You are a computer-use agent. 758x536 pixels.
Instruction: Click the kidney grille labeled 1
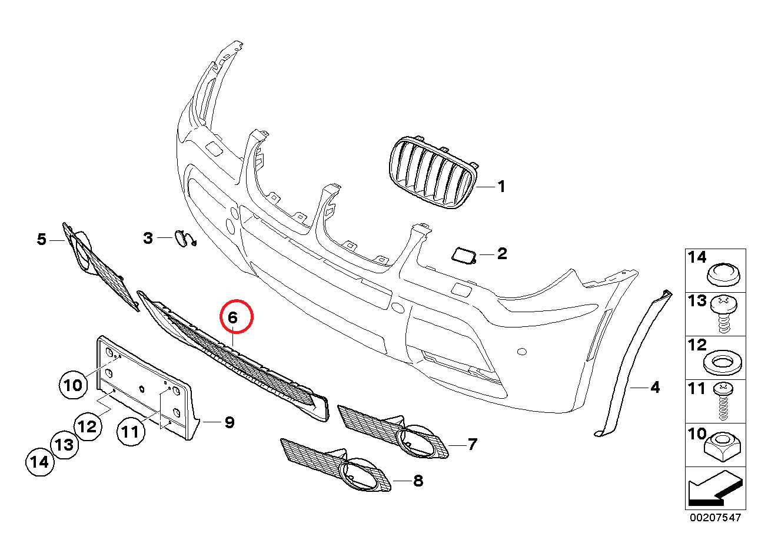point(433,173)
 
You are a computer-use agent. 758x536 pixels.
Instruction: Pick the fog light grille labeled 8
point(338,465)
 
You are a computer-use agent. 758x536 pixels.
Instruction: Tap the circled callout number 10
point(74,386)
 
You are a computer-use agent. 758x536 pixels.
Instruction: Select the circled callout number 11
point(130,432)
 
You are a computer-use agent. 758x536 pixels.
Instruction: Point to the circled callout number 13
point(64,445)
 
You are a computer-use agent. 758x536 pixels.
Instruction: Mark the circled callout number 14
point(40,462)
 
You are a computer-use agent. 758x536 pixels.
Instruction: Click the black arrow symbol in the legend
point(713,491)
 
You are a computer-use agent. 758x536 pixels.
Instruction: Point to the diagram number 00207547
point(716,518)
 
